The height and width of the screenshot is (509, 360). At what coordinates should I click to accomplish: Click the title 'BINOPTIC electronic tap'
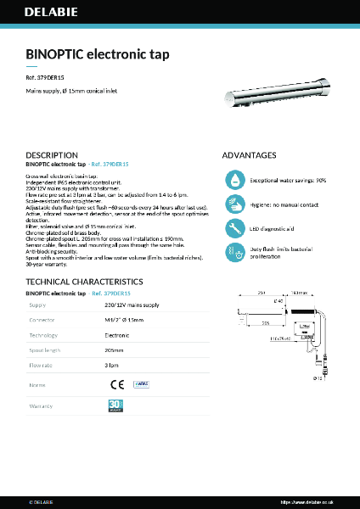coord(98,54)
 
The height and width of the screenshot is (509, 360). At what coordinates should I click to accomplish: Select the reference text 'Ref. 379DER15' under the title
coord(46,78)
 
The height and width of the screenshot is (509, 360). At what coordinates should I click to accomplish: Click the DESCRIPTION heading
coord(52,155)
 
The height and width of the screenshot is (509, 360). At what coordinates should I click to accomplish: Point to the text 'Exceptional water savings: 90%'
coord(288,181)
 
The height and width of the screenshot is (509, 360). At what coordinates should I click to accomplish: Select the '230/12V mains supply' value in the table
coord(132,305)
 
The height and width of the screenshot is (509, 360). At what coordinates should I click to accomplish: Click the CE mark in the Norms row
coord(116,384)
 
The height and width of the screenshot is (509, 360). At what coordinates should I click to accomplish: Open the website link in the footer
coord(317,501)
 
